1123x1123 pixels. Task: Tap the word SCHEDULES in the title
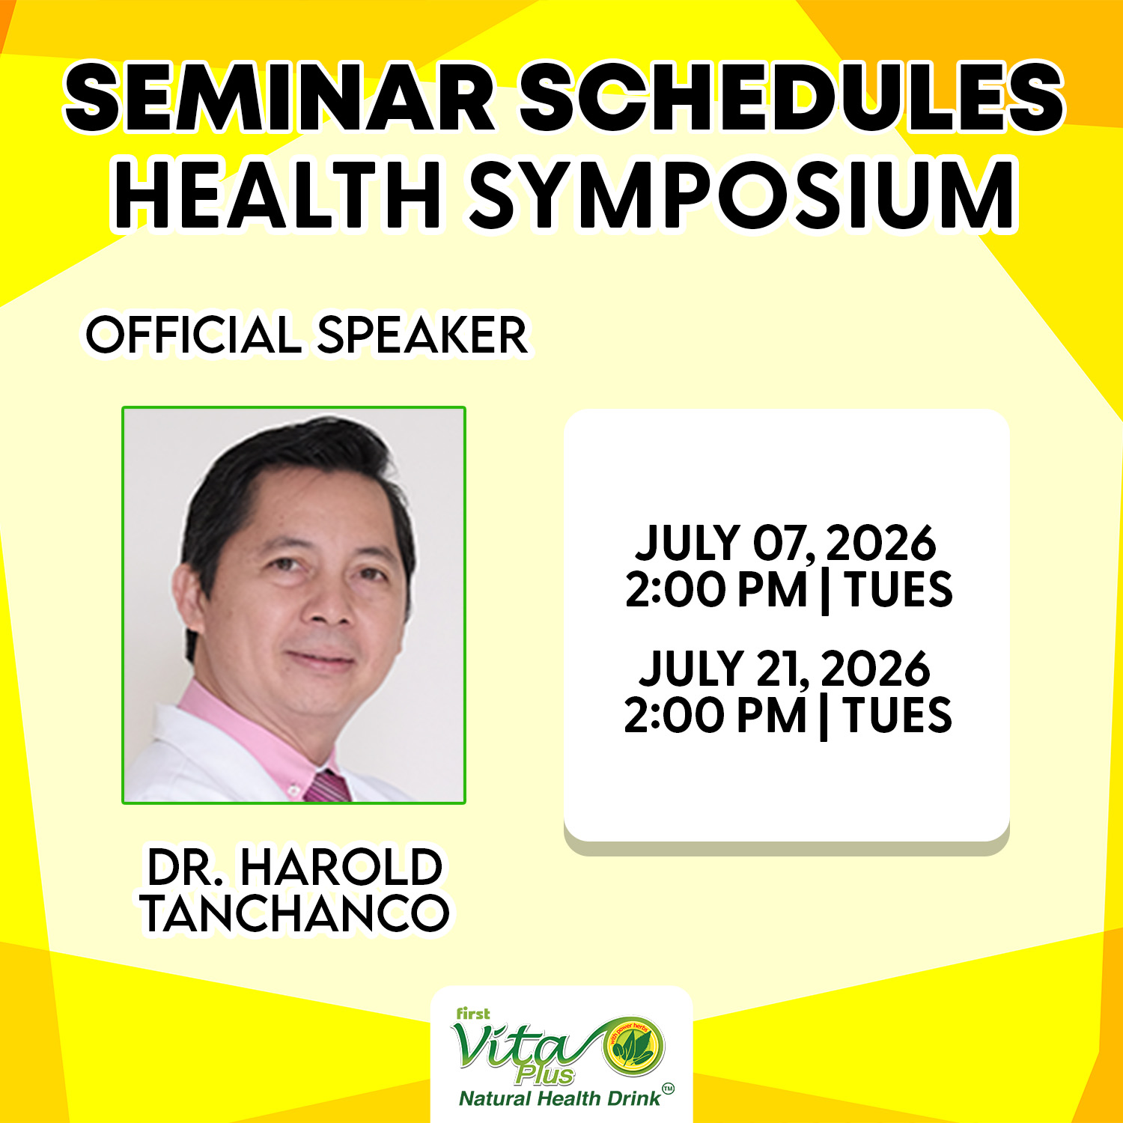[x=791, y=97]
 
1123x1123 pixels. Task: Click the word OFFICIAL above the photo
[x=194, y=335]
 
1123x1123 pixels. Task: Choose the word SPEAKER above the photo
[x=423, y=335]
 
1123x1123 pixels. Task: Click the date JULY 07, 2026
[x=785, y=543]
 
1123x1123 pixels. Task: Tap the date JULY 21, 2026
[x=785, y=669]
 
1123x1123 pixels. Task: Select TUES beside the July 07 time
[x=898, y=589]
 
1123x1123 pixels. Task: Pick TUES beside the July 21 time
[x=898, y=715]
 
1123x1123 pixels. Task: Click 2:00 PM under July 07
[x=716, y=589]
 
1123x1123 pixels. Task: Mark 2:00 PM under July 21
[x=715, y=715]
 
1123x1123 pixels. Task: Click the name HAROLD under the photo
[x=341, y=868]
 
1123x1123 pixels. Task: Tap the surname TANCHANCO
[x=295, y=913]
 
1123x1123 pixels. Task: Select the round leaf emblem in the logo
[x=634, y=1046]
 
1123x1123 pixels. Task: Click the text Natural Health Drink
[x=560, y=1098]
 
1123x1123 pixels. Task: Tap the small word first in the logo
[x=473, y=1014]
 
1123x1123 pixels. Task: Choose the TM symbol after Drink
[x=668, y=1089]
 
